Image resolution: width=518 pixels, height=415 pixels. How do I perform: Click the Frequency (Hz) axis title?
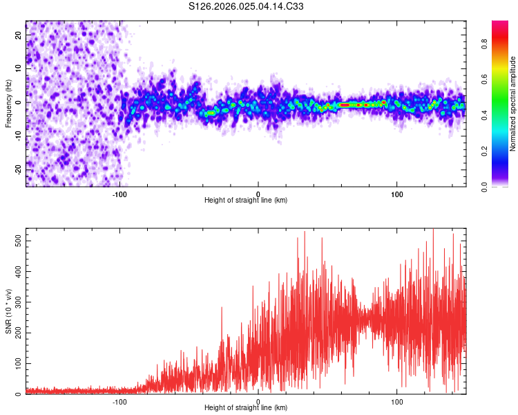click(x=8, y=102)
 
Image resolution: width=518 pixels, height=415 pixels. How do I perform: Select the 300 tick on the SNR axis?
click(x=17, y=302)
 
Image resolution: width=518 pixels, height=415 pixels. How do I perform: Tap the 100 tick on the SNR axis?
click(x=17, y=363)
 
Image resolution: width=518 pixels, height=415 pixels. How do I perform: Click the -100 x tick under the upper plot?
click(x=119, y=194)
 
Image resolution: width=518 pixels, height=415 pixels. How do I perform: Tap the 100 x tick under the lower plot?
click(x=397, y=401)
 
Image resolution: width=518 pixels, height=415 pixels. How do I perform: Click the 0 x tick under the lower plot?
click(x=258, y=401)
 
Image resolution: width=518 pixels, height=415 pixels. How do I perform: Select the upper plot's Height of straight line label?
click(x=246, y=201)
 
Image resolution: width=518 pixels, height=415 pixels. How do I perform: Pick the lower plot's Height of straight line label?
click(x=246, y=408)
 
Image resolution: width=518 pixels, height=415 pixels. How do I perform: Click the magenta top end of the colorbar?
click(x=500, y=25)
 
